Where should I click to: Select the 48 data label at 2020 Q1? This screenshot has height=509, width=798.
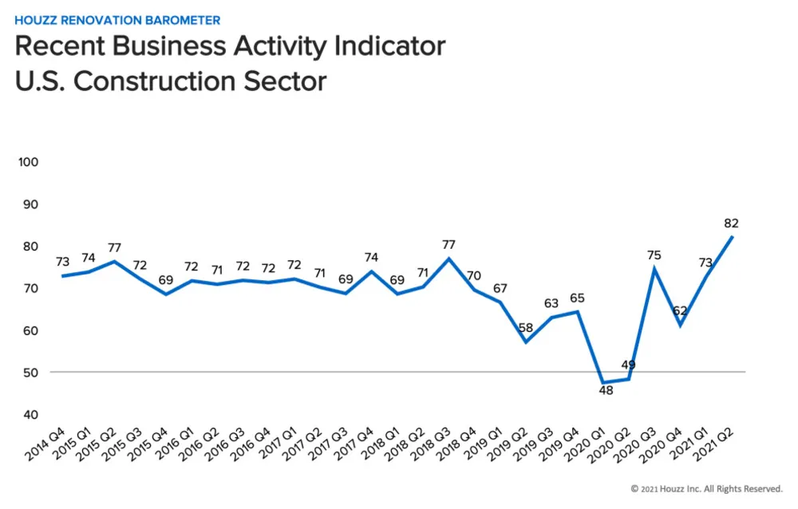tap(606, 391)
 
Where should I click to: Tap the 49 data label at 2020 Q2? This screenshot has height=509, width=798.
tap(628, 365)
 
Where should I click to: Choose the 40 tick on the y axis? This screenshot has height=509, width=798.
tap(30, 415)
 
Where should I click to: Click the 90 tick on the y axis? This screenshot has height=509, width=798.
tap(30, 204)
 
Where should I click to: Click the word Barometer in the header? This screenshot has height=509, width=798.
tap(180, 20)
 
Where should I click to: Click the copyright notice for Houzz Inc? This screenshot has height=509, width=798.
tap(706, 488)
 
